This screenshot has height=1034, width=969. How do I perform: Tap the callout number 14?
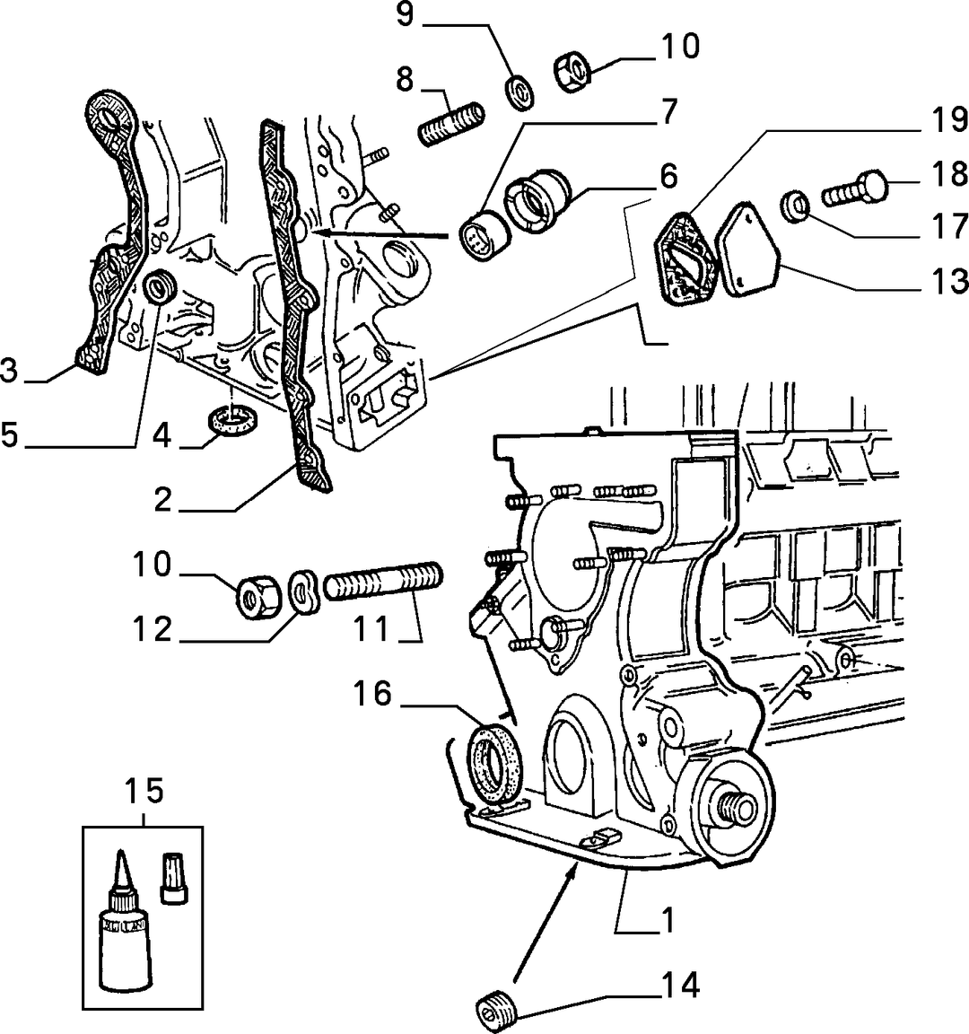click(x=680, y=986)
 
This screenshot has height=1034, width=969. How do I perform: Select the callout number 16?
click(x=372, y=694)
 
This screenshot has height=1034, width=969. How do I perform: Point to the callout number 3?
click(x=9, y=371)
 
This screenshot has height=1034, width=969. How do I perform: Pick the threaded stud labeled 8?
click(x=452, y=124)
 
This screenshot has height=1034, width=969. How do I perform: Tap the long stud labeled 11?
click(x=383, y=580)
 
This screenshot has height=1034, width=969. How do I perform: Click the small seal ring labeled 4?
click(x=232, y=420)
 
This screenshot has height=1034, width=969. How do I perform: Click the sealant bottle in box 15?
click(x=125, y=923)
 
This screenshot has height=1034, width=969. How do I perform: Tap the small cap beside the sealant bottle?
click(x=174, y=877)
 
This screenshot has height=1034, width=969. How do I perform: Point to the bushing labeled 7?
click(x=484, y=236)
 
